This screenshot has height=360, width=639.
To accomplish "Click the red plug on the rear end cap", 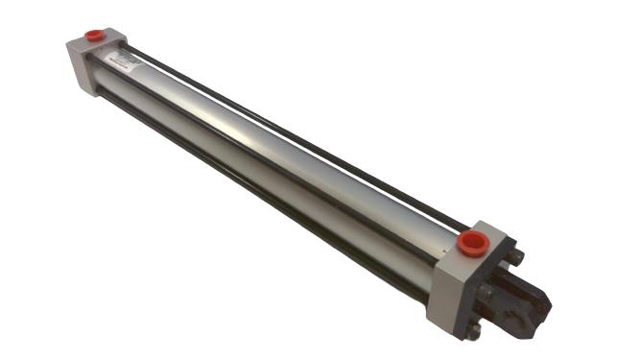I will point(96,36).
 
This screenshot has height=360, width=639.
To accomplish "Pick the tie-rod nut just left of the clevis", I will point(486,290).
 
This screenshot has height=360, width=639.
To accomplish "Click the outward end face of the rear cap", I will point(77,67).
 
